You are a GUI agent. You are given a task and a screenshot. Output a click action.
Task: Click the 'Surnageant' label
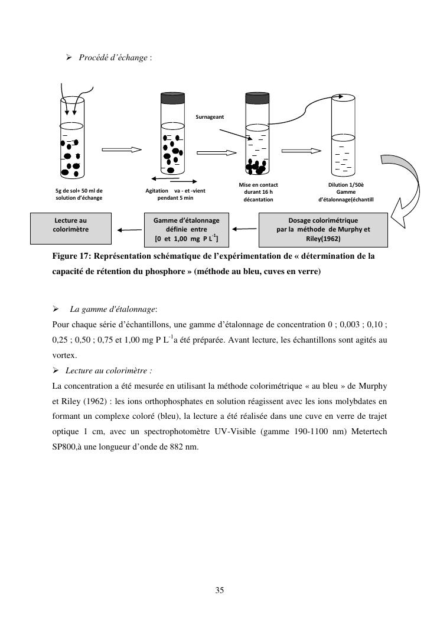tap(210, 117)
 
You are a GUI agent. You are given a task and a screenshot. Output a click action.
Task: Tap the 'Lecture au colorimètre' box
tap(71, 229)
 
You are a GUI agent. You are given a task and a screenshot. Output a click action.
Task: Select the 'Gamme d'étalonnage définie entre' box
tap(186, 229)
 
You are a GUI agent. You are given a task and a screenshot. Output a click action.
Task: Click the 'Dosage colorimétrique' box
tap(323, 229)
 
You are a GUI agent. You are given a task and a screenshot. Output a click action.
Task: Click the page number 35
tap(220, 590)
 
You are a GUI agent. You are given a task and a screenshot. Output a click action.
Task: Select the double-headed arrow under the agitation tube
tap(174, 179)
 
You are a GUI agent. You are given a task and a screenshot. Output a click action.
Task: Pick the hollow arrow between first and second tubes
tap(122, 150)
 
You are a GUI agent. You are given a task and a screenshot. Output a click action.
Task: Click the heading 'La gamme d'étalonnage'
tap(113, 309)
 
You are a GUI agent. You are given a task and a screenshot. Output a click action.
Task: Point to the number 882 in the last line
tap(177, 447)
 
